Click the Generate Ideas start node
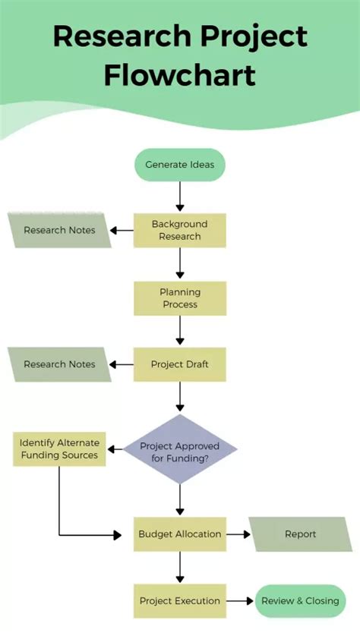(x=180, y=164)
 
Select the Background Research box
(x=180, y=230)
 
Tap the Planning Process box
(x=180, y=298)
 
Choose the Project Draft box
(x=180, y=364)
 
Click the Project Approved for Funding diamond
(x=180, y=449)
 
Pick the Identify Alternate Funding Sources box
(x=59, y=449)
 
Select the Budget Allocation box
(x=180, y=534)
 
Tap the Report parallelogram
(x=301, y=534)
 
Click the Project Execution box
(x=180, y=601)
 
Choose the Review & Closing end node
(x=300, y=601)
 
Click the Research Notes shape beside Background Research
(x=59, y=230)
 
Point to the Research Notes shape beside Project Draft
(x=59, y=364)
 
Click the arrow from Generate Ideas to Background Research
(x=180, y=196)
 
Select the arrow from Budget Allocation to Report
(x=238, y=534)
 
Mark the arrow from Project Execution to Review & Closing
(x=241, y=601)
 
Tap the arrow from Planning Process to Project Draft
(x=180, y=331)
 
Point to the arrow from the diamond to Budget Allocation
(x=180, y=499)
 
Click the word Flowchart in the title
(x=180, y=75)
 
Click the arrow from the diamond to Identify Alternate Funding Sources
(x=114, y=449)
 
